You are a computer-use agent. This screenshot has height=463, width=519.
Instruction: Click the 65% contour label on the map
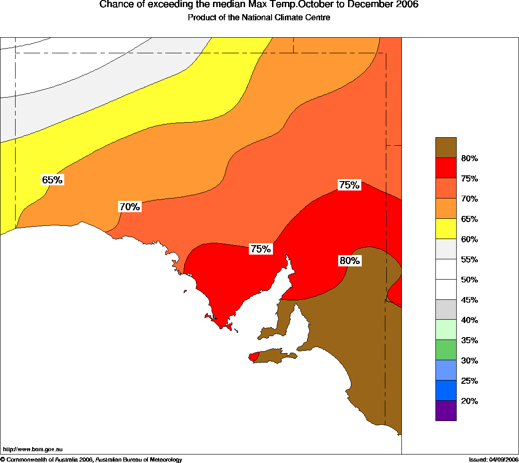pyautogui.click(x=52, y=180)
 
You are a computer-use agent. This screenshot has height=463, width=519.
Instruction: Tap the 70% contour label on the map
pyautogui.click(x=129, y=207)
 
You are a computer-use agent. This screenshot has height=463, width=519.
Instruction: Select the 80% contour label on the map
pyautogui.click(x=349, y=260)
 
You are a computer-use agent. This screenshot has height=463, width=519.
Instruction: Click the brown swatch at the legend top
pyautogui.click(x=446, y=148)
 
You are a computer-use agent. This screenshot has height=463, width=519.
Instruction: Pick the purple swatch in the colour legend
pyautogui.click(x=446, y=411)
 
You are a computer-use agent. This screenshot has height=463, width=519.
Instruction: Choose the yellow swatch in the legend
pyautogui.click(x=446, y=229)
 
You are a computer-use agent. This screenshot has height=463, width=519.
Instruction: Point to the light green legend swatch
pyautogui.click(x=446, y=330)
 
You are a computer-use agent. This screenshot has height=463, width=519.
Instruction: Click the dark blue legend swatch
pyautogui.click(x=446, y=390)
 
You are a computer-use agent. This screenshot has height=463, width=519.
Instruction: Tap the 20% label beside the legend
pyautogui.click(x=469, y=401)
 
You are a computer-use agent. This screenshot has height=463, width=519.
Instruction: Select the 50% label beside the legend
pyautogui.click(x=469, y=280)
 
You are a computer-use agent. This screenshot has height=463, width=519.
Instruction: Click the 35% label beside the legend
pyautogui.click(x=469, y=340)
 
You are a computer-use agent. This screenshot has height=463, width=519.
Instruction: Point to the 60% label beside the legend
pyautogui.click(x=469, y=239)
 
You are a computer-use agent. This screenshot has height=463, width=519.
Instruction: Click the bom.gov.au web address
pyautogui.click(x=33, y=450)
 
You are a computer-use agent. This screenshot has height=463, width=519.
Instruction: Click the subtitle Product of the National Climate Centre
pyautogui.click(x=259, y=18)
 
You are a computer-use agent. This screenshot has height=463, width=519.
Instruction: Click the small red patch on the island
pyautogui.click(x=254, y=356)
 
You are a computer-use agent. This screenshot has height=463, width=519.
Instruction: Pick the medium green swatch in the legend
pyautogui.click(x=446, y=350)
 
